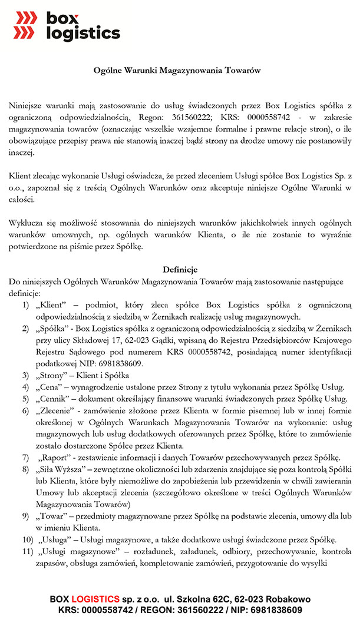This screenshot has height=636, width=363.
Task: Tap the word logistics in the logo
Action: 83,34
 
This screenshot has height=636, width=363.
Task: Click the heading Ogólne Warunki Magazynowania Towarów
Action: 177,70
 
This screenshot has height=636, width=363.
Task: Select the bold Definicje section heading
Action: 180,270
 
